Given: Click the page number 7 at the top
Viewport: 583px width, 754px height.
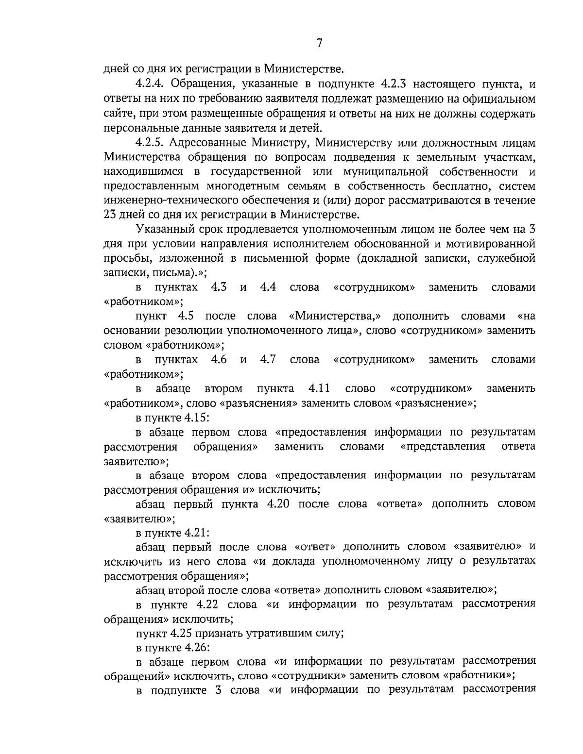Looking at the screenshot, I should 319,43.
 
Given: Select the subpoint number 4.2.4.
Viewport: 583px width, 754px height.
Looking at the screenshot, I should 152,85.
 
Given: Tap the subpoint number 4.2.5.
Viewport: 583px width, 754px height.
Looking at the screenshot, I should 152,143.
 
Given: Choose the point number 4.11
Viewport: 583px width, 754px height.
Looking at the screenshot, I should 319,388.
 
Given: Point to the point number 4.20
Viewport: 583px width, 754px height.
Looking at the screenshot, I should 278,504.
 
